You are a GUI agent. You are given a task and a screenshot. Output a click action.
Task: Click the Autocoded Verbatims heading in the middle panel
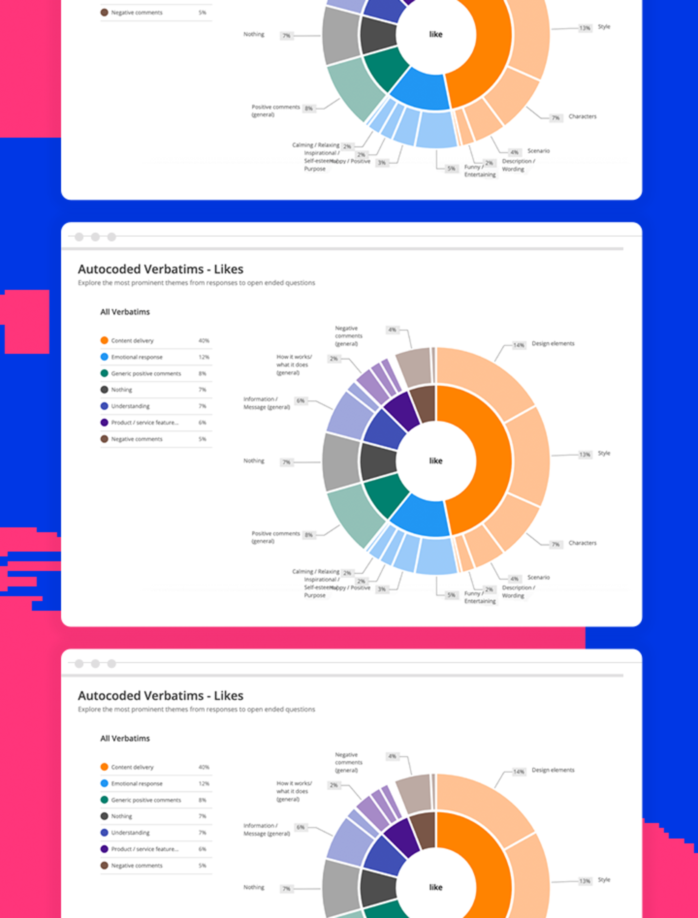(160, 269)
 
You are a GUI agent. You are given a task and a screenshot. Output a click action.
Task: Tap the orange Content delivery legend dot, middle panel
(104, 341)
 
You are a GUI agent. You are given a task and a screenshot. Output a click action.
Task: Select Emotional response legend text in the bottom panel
(137, 783)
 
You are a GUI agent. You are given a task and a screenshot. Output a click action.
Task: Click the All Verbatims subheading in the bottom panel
(125, 738)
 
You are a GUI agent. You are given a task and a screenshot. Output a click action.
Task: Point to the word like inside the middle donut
(435, 461)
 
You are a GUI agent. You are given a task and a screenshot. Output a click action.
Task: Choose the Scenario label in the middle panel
(538, 577)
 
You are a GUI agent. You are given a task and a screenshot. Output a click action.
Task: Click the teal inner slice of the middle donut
(386, 494)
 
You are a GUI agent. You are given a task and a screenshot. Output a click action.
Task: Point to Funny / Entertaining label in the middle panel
(480, 597)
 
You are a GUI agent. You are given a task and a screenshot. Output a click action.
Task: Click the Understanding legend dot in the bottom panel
(104, 832)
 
